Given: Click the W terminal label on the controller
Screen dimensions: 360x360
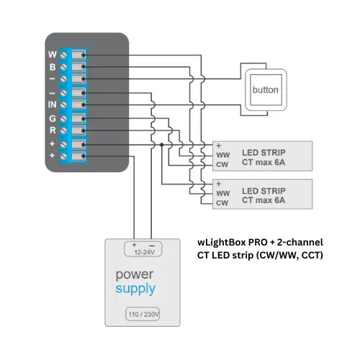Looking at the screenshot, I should [x=53, y=54].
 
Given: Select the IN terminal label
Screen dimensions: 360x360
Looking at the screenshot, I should [x=53, y=105].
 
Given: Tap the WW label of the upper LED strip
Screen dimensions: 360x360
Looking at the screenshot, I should [x=222, y=154].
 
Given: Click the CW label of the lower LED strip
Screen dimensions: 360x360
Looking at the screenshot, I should [x=222, y=204].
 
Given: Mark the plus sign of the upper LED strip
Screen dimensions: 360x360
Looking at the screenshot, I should [x=218, y=145].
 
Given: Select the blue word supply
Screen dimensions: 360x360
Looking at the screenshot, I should [x=135, y=289].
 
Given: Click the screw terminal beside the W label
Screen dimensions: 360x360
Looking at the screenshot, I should [x=66, y=55].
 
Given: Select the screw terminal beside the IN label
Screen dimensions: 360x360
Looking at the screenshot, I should [x=66, y=105].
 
